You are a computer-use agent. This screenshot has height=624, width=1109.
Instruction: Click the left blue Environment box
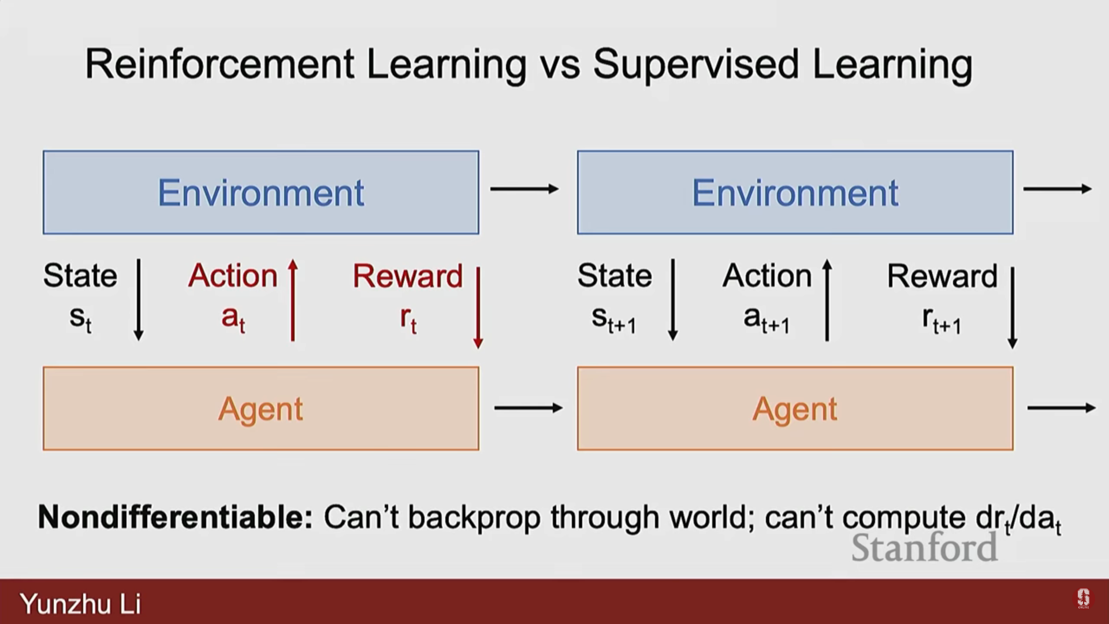coord(260,192)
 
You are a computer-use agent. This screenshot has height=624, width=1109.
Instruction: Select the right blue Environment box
coord(795,192)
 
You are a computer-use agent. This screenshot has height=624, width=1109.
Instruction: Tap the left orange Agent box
coord(260,408)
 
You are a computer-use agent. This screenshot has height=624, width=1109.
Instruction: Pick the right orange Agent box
coord(795,408)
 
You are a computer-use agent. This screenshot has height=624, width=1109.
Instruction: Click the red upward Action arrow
coord(293,300)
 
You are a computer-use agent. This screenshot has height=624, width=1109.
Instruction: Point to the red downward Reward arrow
coord(478,307)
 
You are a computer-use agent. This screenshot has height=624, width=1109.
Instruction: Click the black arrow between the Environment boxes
coord(524,189)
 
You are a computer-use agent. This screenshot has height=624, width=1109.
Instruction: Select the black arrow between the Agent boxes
coord(529,408)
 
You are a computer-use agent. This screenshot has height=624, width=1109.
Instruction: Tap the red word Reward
coord(408,276)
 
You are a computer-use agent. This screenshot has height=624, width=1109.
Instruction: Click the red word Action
coord(233,276)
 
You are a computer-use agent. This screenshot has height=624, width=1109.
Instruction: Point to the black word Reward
coord(942,276)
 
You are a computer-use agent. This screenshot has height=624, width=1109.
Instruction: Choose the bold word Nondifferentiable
coord(175,517)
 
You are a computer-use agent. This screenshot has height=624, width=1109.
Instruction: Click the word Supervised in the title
coord(697,65)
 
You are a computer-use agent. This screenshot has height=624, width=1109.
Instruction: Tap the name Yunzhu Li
coord(80,604)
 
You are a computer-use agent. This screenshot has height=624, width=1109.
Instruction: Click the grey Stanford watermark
coord(924,548)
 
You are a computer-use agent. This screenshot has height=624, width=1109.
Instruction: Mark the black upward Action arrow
coord(827,300)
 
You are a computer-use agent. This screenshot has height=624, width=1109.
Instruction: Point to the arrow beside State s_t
coord(139,300)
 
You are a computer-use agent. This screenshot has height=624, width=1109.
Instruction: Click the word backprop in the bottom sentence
coord(474,518)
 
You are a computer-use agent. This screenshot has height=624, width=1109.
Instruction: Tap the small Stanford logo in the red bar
coord(1083,599)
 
